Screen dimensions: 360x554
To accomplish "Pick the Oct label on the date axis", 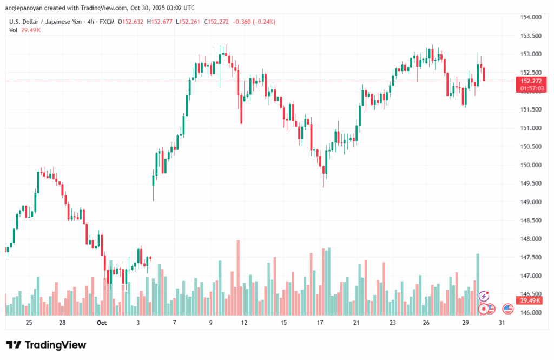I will [102, 323].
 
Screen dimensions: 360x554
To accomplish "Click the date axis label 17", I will [320, 323].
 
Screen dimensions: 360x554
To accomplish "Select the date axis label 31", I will [502, 323].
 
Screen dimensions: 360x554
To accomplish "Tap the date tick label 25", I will [29, 323].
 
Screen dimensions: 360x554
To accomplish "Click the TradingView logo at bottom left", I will [46, 345].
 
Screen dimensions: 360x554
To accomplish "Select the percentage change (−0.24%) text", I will [262, 22].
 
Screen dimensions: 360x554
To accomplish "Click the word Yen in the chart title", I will [79, 22].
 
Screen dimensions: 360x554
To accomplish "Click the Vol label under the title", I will [14, 30].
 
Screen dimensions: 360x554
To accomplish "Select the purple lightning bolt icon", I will [484, 296].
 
